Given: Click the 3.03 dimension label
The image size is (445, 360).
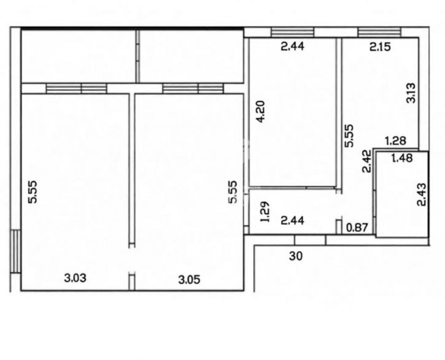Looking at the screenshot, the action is (x=75, y=278).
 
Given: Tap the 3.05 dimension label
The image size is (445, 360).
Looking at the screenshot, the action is (x=189, y=280).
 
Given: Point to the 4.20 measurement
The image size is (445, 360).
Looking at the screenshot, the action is (x=260, y=111).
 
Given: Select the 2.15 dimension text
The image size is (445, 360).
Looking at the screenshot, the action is (x=380, y=47).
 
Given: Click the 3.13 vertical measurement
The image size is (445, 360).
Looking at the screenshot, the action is (x=411, y=93).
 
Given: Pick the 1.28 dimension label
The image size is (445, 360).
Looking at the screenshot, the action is (x=396, y=140).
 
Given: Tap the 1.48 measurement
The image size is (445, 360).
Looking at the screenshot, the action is (x=402, y=158).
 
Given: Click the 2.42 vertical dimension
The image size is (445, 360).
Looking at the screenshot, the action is (x=366, y=161).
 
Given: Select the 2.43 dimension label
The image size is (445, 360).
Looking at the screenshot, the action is (x=422, y=194).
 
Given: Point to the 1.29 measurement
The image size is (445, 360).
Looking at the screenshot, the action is (x=265, y=212).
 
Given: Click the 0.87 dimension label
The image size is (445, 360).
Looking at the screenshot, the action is (x=357, y=228).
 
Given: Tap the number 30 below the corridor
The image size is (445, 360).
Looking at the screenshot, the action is (x=296, y=256).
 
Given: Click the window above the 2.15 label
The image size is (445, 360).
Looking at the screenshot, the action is (x=379, y=32).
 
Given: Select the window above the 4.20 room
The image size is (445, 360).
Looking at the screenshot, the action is (x=292, y=32).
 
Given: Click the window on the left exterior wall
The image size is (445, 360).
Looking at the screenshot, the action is (x=16, y=251).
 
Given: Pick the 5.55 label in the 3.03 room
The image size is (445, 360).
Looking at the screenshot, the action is (x=33, y=192).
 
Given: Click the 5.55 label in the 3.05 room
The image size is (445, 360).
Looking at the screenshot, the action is (x=233, y=192).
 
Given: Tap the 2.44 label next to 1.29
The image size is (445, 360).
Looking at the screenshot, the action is (x=292, y=220).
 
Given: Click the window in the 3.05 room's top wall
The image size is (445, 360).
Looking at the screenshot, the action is (x=193, y=88).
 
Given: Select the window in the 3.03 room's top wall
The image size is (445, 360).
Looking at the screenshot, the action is (x=76, y=88).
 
